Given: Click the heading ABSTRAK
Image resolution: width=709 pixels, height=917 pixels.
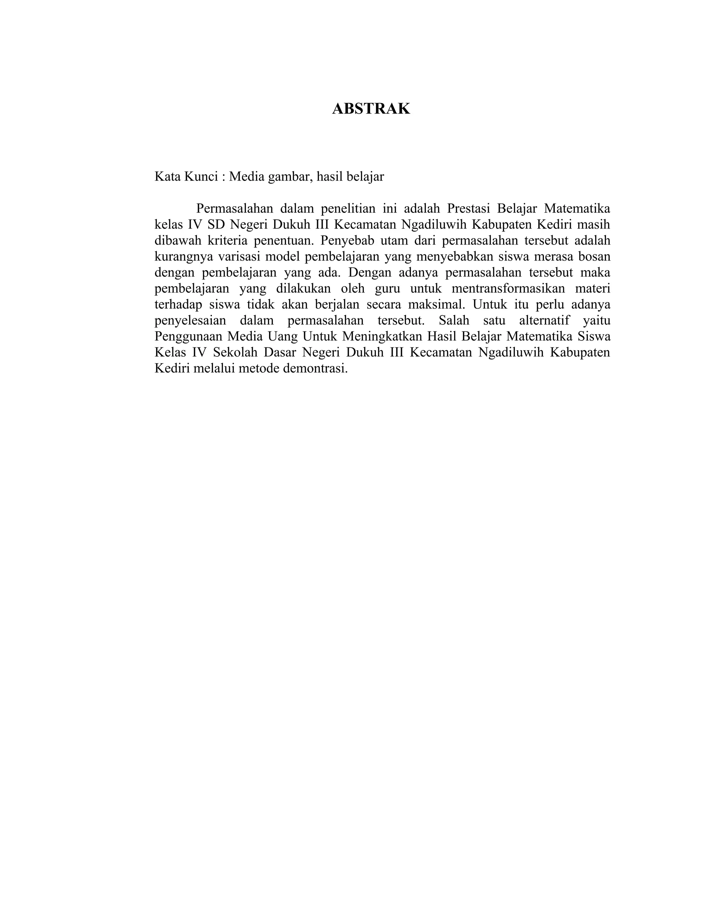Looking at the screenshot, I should [371, 109].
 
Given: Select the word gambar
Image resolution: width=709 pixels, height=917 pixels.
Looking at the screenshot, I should [290, 177].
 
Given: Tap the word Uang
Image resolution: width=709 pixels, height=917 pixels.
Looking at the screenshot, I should [273, 336].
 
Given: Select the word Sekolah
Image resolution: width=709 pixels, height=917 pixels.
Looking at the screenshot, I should [235, 352].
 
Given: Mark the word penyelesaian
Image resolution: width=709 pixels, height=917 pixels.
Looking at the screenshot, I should [190, 321].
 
